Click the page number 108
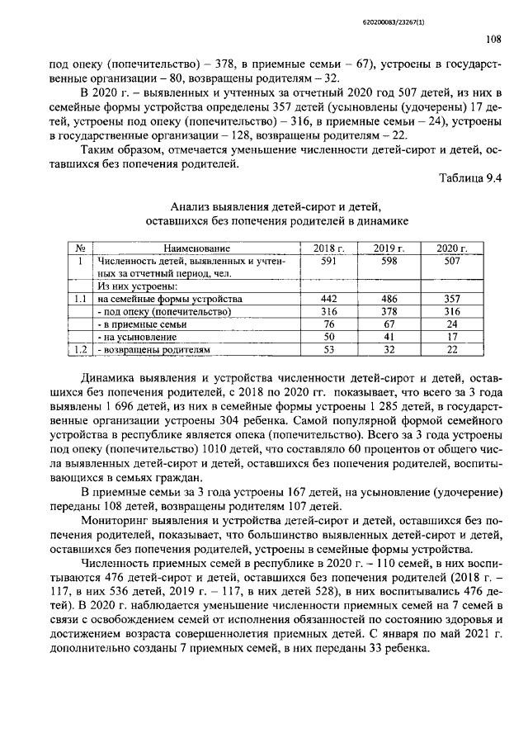[x=493, y=38]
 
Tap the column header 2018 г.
[x=328, y=248]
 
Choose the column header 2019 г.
[x=389, y=248]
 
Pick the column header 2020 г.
[x=451, y=248]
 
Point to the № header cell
[x=80, y=248]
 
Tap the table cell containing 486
[x=389, y=298]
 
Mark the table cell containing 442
[x=328, y=298]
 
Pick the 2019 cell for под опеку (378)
[x=389, y=311]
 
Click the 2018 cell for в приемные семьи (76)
[x=328, y=324]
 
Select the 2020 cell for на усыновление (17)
[x=451, y=337]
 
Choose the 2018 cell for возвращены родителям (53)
[x=328, y=350]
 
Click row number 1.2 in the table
[x=80, y=350]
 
